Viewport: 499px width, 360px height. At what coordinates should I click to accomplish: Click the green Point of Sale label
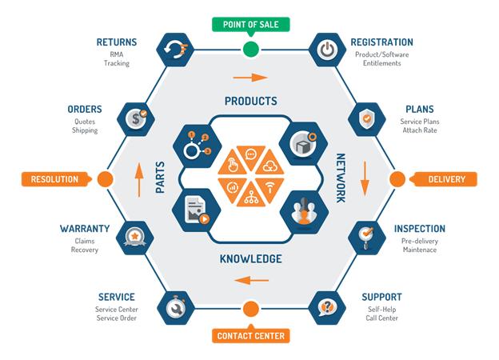[x=251, y=25]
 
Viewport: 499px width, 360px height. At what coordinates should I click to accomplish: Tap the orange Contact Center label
[x=251, y=336]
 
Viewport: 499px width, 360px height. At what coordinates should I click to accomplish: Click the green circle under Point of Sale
[x=251, y=50]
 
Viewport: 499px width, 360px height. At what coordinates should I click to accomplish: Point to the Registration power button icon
[x=328, y=50]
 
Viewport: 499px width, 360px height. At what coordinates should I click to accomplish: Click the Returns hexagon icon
[x=175, y=50]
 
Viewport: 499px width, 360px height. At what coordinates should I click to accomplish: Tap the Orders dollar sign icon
[x=136, y=119]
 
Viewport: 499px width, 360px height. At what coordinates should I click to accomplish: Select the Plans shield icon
[x=367, y=119]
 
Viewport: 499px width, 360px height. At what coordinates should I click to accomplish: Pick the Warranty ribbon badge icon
[x=135, y=238]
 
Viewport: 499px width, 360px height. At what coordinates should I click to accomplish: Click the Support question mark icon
[x=328, y=308]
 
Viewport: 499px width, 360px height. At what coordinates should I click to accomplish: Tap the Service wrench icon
[x=176, y=308]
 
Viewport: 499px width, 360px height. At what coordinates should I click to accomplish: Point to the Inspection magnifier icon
[x=367, y=238]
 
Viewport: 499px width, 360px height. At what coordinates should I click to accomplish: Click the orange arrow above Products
[x=250, y=78]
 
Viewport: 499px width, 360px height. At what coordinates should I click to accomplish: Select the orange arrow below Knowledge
[x=251, y=281]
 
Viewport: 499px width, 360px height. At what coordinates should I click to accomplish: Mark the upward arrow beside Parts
[x=138, y=179]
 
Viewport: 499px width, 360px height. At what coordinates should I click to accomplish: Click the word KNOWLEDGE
[x=251, y=258]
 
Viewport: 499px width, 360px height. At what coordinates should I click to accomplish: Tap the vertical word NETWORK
[x=341, y=178]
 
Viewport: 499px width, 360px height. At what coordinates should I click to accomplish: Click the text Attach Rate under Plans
[x=420, y=130]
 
